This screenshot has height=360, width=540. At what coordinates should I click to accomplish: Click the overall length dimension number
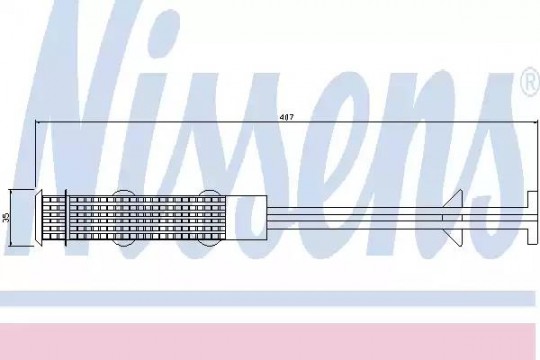287,117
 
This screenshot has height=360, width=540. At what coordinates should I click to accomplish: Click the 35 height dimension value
6,217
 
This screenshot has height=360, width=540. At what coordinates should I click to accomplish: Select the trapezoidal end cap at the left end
38,218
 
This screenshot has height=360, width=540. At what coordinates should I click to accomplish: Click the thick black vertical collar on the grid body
66,218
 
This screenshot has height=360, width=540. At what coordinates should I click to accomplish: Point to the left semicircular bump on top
123,193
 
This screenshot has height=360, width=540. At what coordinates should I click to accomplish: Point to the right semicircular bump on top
210,193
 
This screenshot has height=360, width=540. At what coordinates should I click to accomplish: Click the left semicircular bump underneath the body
123,243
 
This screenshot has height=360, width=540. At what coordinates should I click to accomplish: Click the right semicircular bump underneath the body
210,243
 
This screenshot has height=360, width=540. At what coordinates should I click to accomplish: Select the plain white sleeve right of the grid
246,218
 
